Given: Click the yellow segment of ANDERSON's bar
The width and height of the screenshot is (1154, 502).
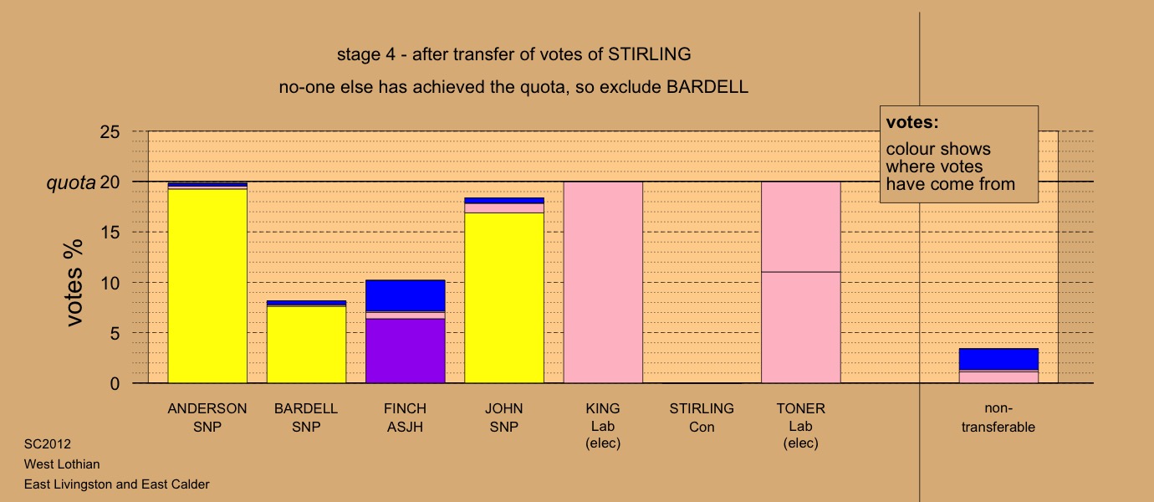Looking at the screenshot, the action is click(207, 286).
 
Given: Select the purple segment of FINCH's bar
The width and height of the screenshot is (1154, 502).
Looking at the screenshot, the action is click(406, 351).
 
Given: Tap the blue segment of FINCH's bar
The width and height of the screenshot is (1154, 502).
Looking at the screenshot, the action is click(406, 296).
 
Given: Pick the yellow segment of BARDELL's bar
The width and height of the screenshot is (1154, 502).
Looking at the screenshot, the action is click(307, 345).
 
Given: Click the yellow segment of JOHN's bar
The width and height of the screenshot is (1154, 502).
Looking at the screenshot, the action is click(504, 298).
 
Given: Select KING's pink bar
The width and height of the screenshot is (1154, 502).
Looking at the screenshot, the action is click(603, 282).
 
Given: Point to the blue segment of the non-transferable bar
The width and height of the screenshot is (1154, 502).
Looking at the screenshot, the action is click(998, 359).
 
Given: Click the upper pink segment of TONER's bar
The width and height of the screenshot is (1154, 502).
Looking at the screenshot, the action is click(801, 227).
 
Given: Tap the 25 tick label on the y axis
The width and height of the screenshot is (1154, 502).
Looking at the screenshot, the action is click(110, 132).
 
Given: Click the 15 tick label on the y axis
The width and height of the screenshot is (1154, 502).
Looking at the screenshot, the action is click(110, 233).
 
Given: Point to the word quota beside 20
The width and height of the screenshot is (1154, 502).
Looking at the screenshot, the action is click(71, 182).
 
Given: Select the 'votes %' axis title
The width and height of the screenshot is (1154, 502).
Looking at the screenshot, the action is click(74, 283).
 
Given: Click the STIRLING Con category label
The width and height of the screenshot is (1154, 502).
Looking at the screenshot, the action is click(702, 417).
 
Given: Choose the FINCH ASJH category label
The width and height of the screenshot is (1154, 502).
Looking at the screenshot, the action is click(405, 417).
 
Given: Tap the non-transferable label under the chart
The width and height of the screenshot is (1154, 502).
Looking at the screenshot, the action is click(998, 417).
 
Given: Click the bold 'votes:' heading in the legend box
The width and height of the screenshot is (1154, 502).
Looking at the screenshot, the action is click(912, 122).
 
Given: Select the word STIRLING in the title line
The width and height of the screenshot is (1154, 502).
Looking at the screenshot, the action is click(650, 54).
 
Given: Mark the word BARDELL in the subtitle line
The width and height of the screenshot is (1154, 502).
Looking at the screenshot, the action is click(707, 86).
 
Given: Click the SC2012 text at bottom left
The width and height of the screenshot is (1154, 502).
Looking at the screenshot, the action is click(48, 444).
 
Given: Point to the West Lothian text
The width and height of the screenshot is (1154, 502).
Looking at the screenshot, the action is click(62, 464).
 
